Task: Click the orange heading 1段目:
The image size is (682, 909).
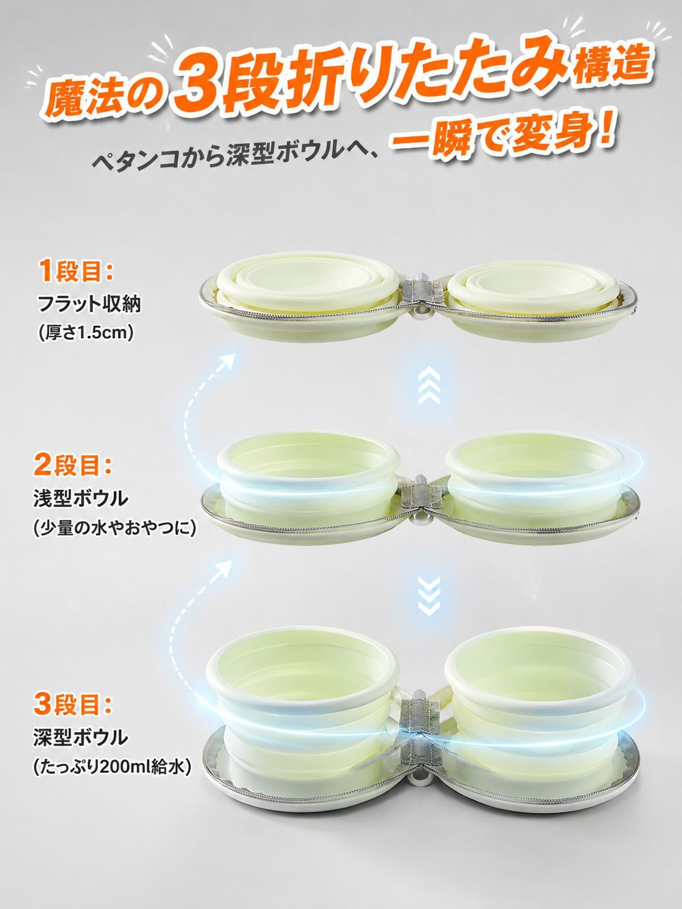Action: pos(75,271)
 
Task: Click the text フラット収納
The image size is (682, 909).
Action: pos(89,304)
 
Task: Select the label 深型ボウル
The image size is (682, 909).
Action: pos(81,738)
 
